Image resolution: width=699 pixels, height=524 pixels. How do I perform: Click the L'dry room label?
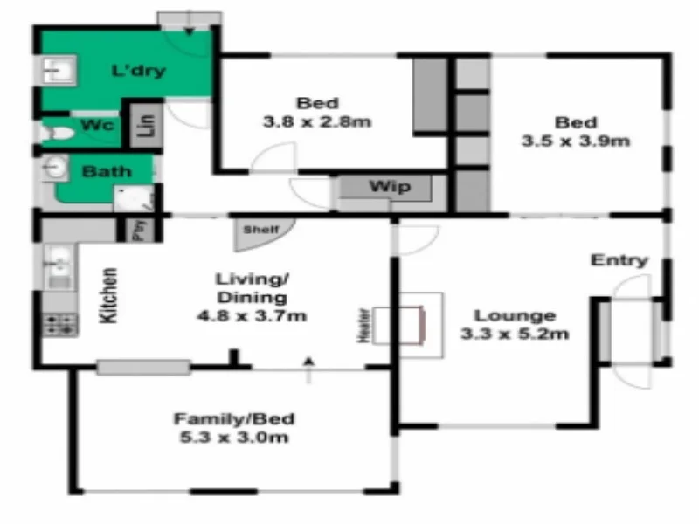point(139,71)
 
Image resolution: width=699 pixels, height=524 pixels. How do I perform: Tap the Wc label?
point(98,126)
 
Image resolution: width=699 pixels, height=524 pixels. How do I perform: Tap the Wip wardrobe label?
point(389,187)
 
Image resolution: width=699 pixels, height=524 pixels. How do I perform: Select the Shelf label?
point(260,230)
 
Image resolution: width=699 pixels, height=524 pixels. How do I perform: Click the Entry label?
point(619,260)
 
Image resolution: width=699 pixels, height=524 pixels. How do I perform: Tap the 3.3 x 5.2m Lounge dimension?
point(515,333)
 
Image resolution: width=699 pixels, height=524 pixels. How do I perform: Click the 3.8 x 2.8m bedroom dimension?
point(316,121)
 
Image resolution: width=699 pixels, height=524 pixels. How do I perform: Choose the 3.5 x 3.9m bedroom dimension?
point(576,140)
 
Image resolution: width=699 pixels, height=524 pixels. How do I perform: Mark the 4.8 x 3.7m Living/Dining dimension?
point(252,315)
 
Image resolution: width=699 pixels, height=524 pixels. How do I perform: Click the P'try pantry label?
point(137,230)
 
